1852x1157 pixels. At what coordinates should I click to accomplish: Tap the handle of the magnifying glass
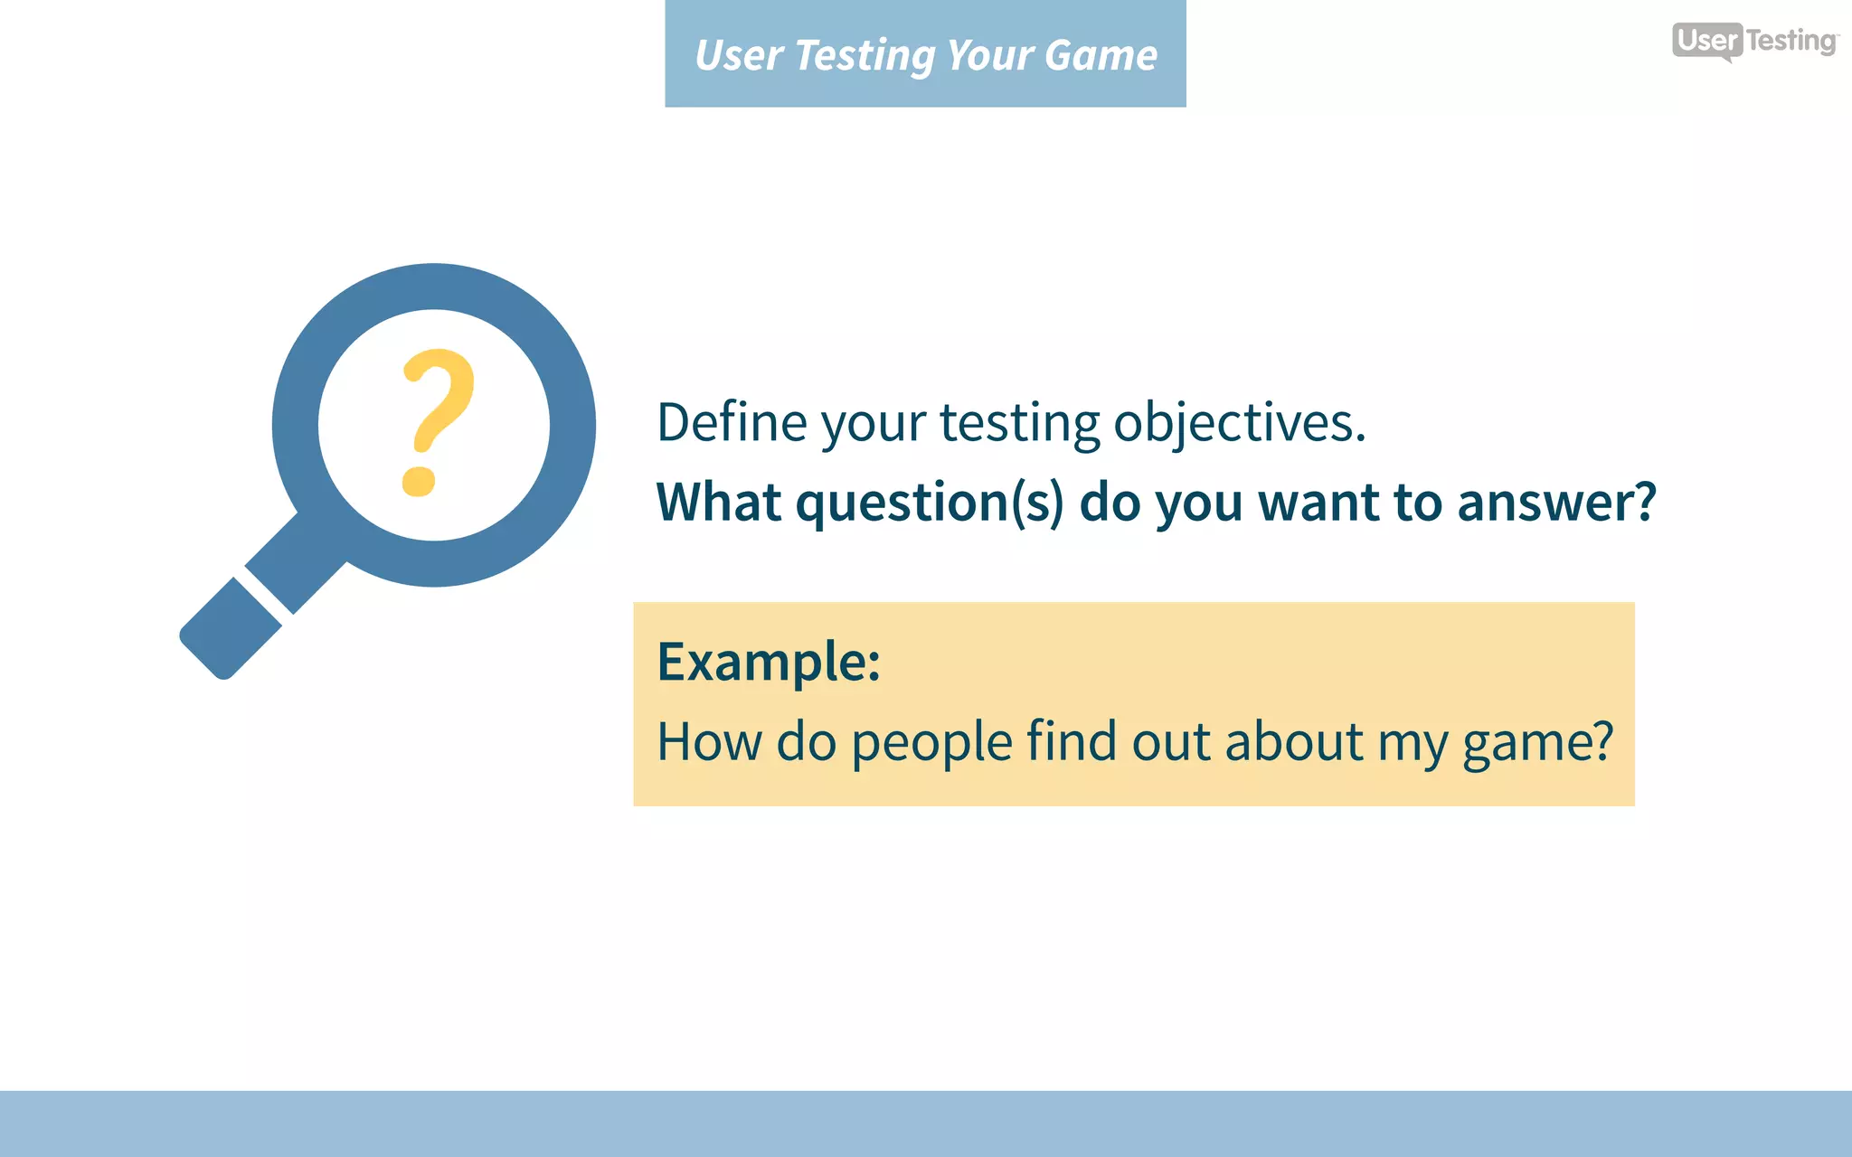coord(231,629)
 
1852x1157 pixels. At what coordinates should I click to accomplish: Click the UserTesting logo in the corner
coord(1754,41)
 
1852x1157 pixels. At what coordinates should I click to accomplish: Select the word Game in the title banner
coord(1101,56)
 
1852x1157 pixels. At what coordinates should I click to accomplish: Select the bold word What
coord(718,502)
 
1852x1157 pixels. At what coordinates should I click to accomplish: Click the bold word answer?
coord(1555,503)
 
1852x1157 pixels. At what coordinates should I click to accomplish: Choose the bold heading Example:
coord(768,663)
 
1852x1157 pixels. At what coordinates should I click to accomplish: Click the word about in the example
coord(1293,742)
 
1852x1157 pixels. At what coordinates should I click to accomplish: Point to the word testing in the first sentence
coord(1019,424)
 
